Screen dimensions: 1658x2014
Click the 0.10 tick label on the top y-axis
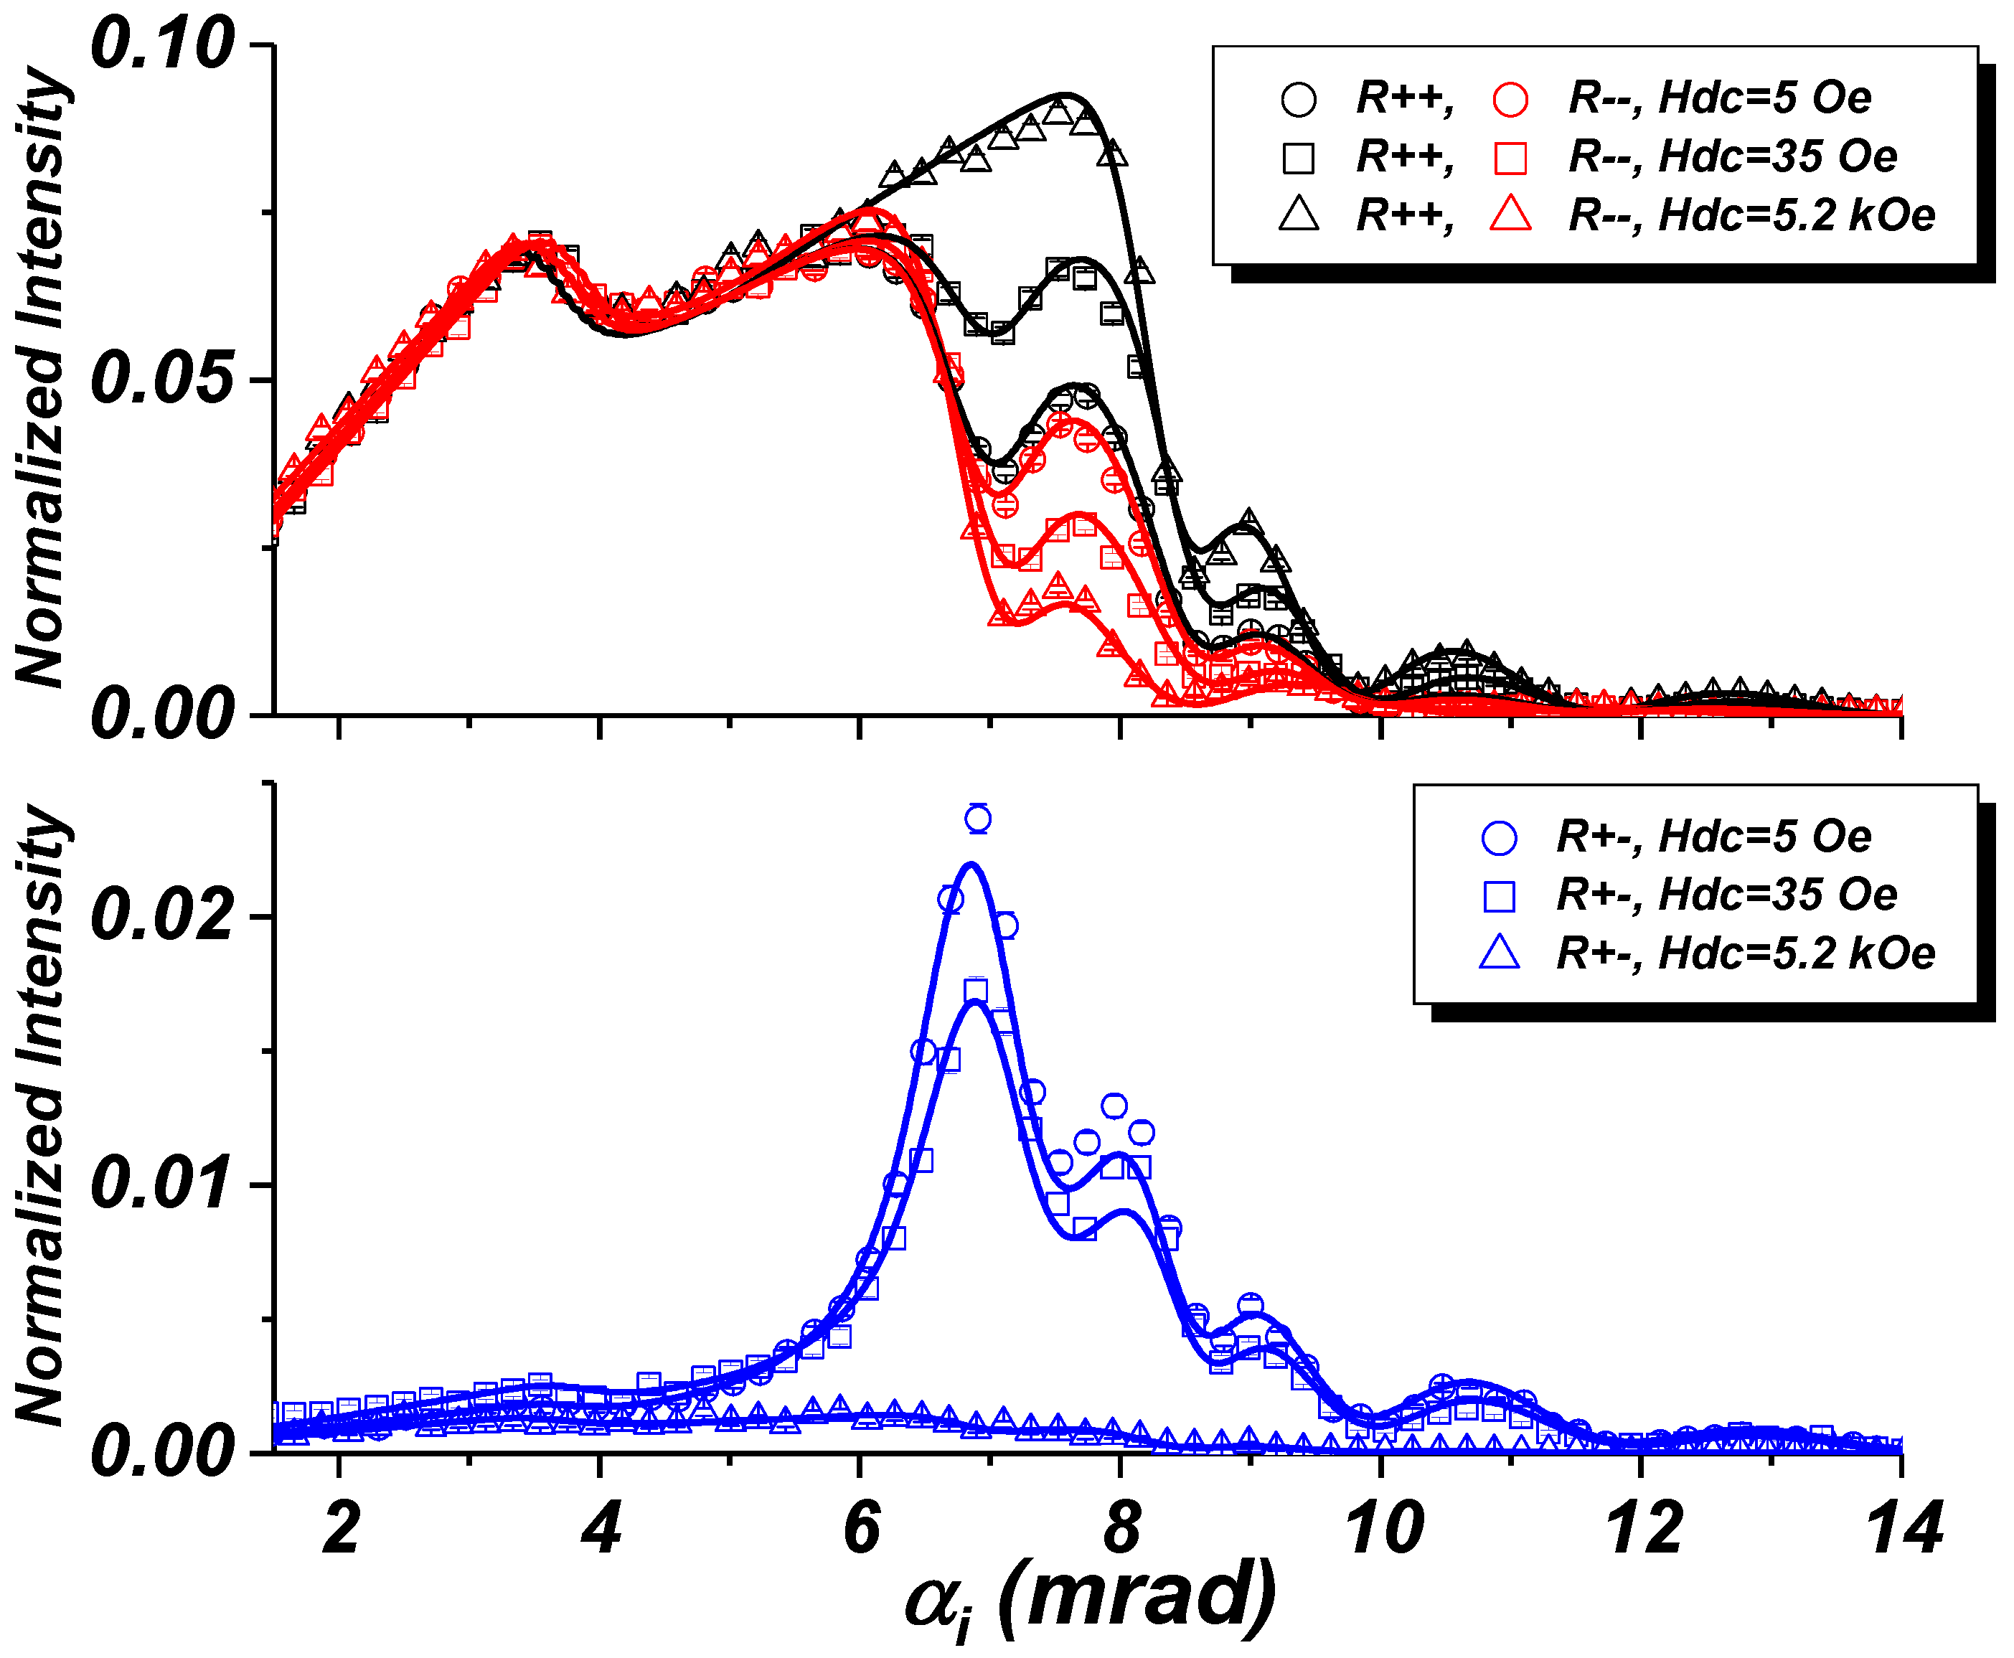click(162, 45)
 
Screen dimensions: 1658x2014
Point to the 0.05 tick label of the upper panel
click(162, 379)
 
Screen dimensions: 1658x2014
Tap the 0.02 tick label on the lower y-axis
click(162, 915)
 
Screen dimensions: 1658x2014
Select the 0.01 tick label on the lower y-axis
click(162, 1183)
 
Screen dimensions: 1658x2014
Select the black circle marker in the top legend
click(1299, 99)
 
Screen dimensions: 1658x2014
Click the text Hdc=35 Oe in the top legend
click(1777, 156)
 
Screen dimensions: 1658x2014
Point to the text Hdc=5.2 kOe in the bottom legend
click(1797, 953)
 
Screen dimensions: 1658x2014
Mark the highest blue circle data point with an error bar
click(978, 819)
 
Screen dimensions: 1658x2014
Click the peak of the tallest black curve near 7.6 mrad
click(1063, 95)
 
